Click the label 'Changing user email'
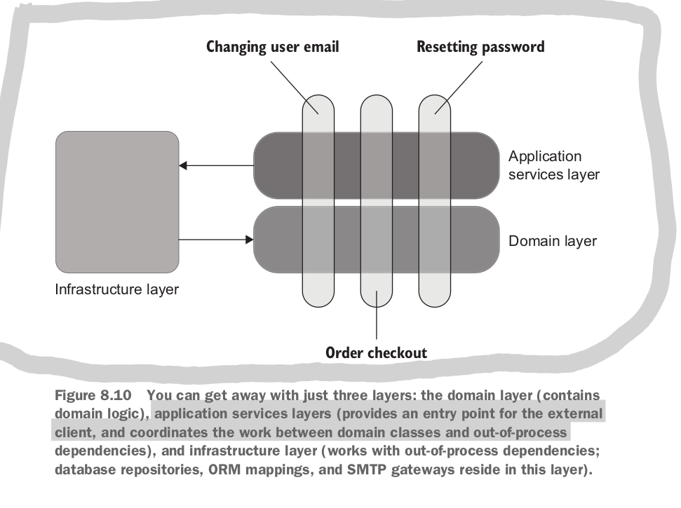coord(272,47)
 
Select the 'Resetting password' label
coord(480,47)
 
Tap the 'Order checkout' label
coord(377,352)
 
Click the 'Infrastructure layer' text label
coord(117,289)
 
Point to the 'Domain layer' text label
coord(553,241)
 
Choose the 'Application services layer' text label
coord(554,165)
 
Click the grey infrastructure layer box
coord(117,202)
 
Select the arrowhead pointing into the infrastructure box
coord(183,166)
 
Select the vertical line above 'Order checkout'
coord(377,326)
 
